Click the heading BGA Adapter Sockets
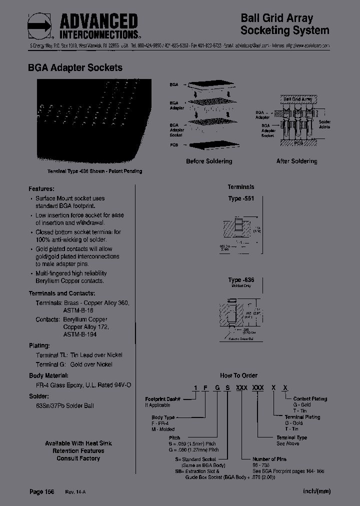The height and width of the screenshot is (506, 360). pyautogui.click(x=75, y=67)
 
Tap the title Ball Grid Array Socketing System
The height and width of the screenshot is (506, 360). pyautogui.click(x=284, y=24)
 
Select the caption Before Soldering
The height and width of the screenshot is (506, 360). pyautogui.click(x=209, y=161)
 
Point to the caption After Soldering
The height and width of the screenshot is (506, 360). pyautogui.click(x=296, y=161)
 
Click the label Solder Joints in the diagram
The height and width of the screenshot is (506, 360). pyautogui.click(x=324, y=124)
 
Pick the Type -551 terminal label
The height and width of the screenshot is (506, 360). pyautogui.click(x=241, y=198)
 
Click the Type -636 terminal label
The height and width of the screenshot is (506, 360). pyautogui.click(x=241, y=280)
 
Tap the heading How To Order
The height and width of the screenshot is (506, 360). pyautogui.click(x=239, y=375)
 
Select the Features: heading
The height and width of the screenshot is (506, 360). pyautogui.click(x=41, y=189)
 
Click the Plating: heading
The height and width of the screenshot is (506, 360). pyautogui.click(x=39, y=345)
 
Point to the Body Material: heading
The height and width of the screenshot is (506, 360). pyautogui.click(x=48, y=375)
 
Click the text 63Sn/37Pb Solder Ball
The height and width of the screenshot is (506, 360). pyautogui.click(x=61, y=405)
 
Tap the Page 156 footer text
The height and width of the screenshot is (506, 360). pyautogui.click(x=42, y=492)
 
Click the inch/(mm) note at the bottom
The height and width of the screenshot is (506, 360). pyautogui.click(x=316, y=491)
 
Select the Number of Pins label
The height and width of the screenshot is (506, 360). pyautogui.click(x=269, y=459)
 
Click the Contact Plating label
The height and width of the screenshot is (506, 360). pyautogui.click(x=310, y=399)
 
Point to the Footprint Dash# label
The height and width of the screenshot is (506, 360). pyautogui.click(x=162, y=399)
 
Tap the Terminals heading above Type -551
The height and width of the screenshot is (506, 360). pyautogui.click(x=241, y=187)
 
